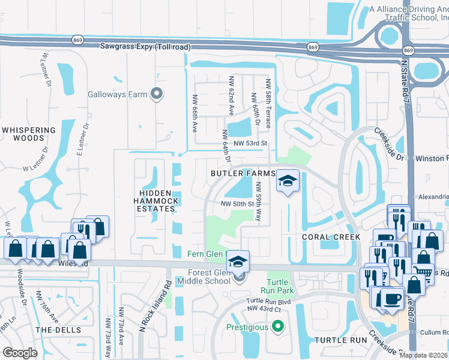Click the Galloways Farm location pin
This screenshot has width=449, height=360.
(x=157, y=94)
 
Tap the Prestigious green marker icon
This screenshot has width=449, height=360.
(x=277, y=326)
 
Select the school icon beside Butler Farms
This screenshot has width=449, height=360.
(x=288, y=181)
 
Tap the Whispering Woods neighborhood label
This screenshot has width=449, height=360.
(x=28, y=134)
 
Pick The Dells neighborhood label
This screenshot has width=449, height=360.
(x=54, y=330)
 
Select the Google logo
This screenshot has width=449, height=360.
(x=20, y=352)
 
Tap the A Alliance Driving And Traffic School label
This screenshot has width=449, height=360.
(x=408, y=14)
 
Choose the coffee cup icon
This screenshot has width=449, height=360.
(x=392, y=299)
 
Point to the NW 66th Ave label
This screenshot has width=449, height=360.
(x=194, y=113)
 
